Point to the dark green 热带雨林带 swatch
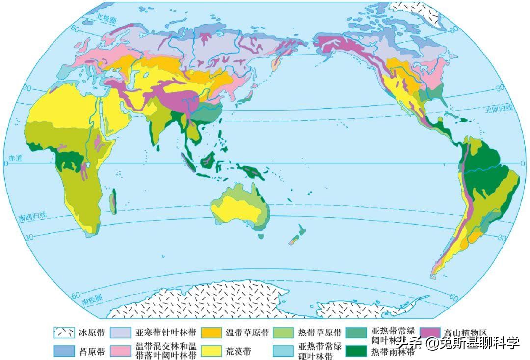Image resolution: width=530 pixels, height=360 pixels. click(x=356, y=351)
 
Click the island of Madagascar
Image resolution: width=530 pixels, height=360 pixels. click(x=113, y=201)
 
